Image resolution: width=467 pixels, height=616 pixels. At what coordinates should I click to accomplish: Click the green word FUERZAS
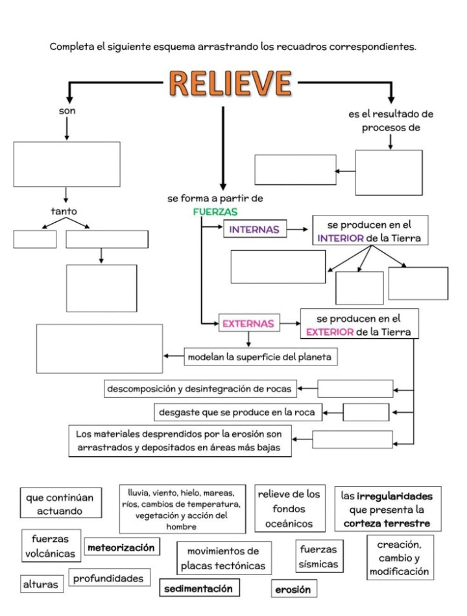tap(215, 212)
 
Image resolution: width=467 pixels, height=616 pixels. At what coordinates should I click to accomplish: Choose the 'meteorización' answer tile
tap(123, 548)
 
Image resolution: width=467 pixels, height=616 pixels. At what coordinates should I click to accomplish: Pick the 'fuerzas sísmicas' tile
tap(318, 556)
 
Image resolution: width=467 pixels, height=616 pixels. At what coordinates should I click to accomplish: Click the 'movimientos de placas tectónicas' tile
tap(222, 558)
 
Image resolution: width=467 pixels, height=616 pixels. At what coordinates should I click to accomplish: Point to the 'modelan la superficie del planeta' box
tap(261, 356)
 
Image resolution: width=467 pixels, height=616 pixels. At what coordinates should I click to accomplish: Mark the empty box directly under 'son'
tap(67, 164)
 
